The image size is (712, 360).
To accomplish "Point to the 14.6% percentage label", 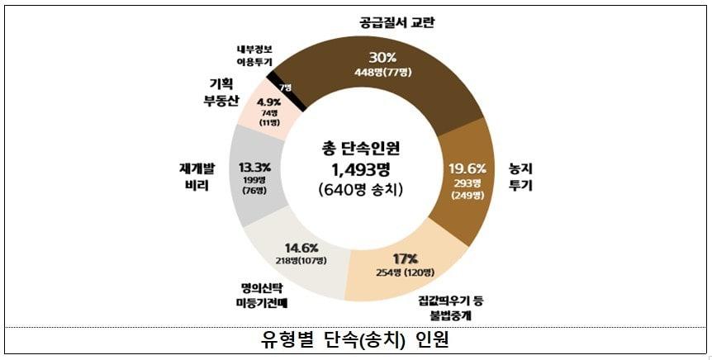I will click(x=300, y=247).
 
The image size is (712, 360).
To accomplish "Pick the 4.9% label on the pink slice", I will click(x=269, y=102).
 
